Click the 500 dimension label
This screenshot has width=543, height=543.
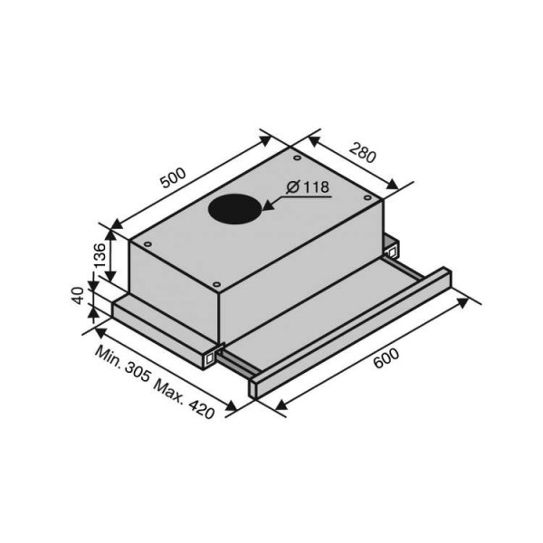tap(173, 178)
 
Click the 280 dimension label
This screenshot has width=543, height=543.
tap(362, 152)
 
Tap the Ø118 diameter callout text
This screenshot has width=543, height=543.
tap(308, 187)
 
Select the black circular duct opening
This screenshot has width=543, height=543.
tap(234, 208)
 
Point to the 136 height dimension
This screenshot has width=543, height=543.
tap(100, 255)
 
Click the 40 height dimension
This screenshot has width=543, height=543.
tap(79, 295)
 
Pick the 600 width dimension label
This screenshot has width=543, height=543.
tap(386, 358)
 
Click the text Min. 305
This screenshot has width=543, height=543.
tap(123, 364)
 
